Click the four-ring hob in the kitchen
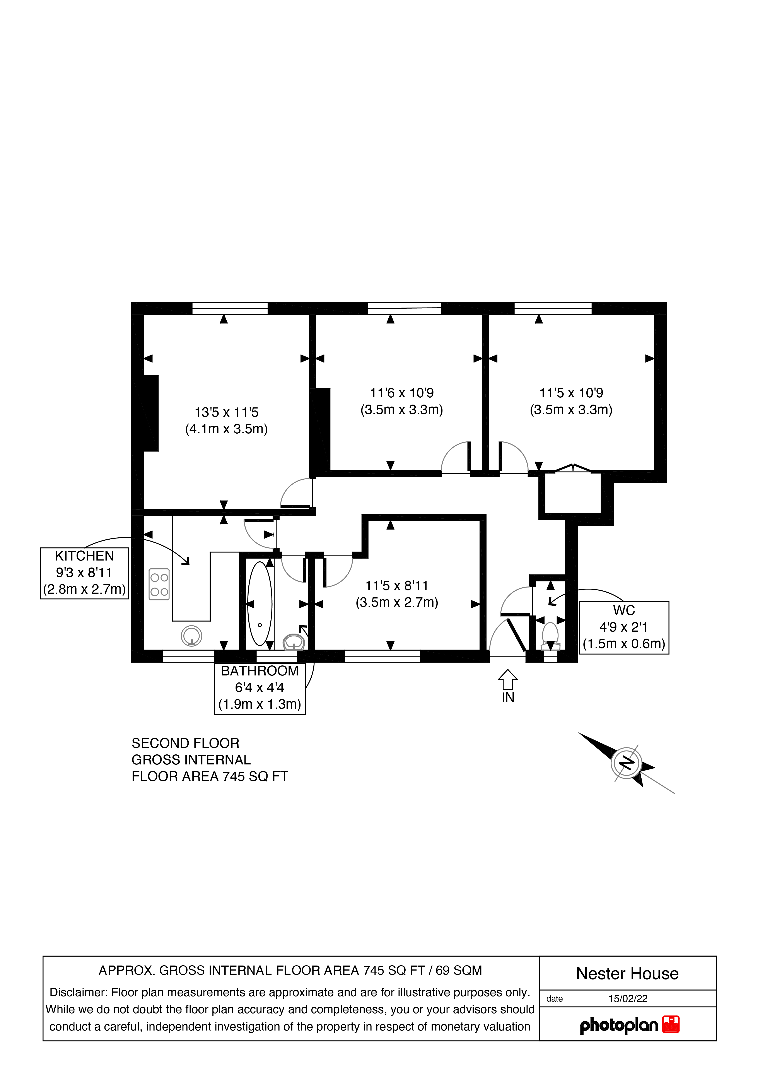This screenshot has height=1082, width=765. click(x=159, y=584)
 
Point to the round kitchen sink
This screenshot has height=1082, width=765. click(x=191, y=636)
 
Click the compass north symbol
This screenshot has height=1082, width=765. click(x=626, y=762)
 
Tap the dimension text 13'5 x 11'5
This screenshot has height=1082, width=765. click(x=227, y=412)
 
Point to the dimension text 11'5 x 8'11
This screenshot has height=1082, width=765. click(x=397, y=586)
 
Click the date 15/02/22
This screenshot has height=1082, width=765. click(x=627, y=999)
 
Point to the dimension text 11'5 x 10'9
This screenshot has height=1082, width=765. click(x=571, y=393)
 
